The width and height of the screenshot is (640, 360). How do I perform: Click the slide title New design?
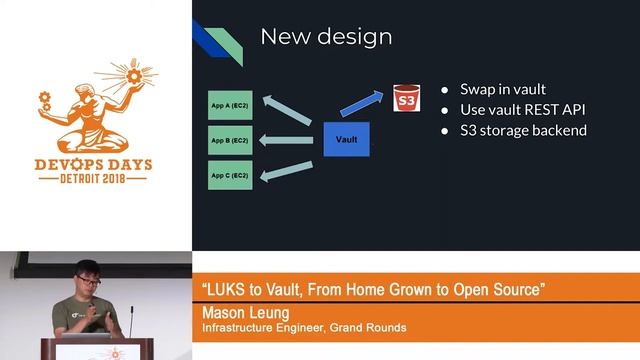click(x=326, y=37)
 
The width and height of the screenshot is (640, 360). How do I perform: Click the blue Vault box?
click(x=346, y=138)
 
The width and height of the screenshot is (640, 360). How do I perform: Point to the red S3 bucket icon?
click(x=405, y=100)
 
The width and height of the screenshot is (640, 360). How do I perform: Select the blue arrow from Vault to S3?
click(x=362, y=103)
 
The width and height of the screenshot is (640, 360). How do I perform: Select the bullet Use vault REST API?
click(x=522, y=109)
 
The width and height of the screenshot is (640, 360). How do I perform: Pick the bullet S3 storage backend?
click(x=523, y=130)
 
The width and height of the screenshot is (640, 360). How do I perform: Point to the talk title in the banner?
click(x=373, y=290)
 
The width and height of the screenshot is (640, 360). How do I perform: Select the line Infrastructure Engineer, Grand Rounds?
click(x=304, y=327)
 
